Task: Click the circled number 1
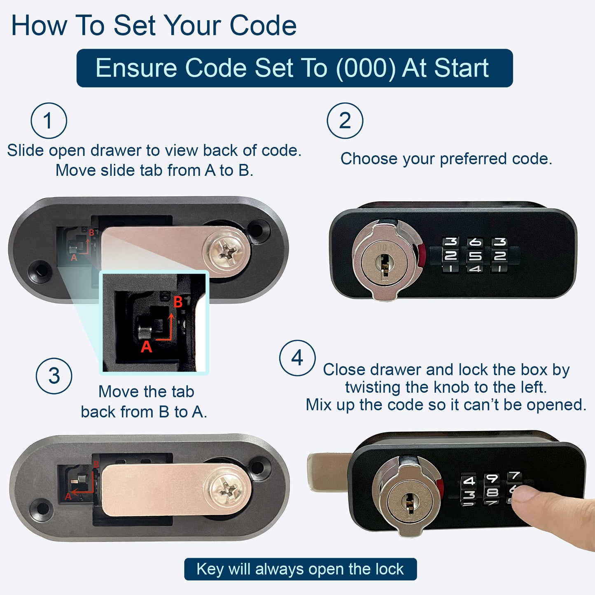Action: [49, 120]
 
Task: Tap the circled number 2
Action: [345, 120]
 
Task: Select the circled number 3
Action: [54, 376]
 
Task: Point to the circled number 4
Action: [297, 358]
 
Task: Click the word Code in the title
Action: [263, 26]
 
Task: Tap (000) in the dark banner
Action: [366, 68]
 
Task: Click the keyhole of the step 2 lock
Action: [384, 266]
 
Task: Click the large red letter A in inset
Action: [146, 346]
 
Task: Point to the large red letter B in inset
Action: [178, 302]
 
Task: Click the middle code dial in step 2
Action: [475, 255]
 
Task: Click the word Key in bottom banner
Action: [210, 569]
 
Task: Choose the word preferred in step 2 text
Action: [474, 159]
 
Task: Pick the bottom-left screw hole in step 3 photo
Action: [43, 509]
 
